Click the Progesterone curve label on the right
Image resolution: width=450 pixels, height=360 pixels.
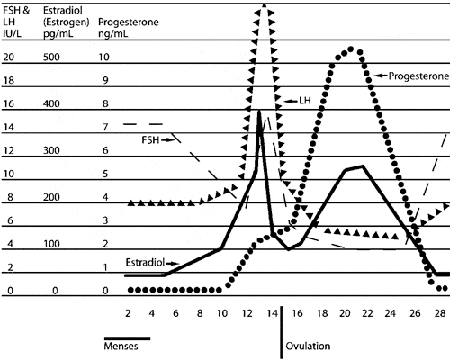click(x=418, y=76)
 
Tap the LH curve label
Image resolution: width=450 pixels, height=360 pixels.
click(x=305, y=101)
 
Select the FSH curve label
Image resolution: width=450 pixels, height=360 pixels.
click(x=150, y=140)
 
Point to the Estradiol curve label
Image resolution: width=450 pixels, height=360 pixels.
click(x=145, y=263)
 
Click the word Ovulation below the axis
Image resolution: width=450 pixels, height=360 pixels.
click(x=308, y=346)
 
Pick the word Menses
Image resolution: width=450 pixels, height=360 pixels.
click(x=121, y=346)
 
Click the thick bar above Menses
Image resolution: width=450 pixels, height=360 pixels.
click(x=127, y=338)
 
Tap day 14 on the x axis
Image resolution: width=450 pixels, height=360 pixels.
click(x=273, y=313)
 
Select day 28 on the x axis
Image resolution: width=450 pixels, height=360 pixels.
click(x=440, y=313)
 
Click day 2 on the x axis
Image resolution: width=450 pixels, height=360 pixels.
click(x=128, y=313)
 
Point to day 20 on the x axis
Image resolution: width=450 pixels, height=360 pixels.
click(x=345, y=313)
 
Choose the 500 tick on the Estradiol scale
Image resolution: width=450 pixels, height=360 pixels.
click(x=51, y=57)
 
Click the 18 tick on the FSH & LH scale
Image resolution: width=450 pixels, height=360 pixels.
click(x=8, y=80)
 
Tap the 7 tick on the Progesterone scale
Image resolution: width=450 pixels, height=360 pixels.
click(x=105, y=127)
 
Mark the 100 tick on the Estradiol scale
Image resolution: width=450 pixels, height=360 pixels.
click(x=51, y=244)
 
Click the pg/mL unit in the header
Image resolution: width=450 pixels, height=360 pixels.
click(x=58, y=33)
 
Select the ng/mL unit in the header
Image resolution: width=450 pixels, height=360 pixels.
click(x=113, y=33)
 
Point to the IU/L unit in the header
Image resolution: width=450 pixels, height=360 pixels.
click(x=13, y=33)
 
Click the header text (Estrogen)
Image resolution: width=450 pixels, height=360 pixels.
click(x=67, y=22)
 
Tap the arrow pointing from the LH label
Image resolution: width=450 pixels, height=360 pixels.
click(x=291, y=101)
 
